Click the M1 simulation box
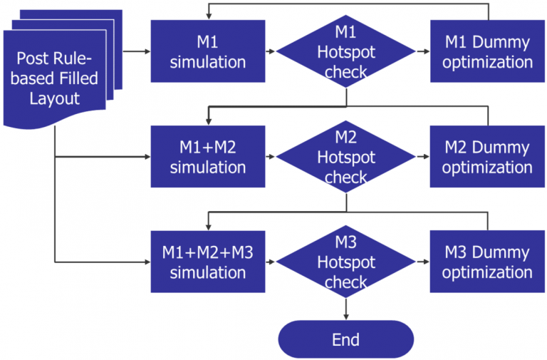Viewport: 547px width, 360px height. [x=208, y=51]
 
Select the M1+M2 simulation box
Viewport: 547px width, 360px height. [x=208, y=157]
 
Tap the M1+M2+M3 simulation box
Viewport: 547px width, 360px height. [x=208, y=262]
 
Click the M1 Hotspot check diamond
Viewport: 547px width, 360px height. [x=346, y=51]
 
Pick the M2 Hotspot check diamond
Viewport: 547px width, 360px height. [x=346, y=157]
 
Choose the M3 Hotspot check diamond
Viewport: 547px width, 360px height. [x=346, y=262]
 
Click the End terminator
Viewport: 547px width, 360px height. [x=346, y=339]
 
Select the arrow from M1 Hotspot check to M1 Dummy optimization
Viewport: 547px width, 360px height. [x=422, y=51]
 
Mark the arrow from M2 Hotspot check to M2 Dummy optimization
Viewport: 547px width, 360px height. [x=422, y=157]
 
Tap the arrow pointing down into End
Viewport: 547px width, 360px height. [x=346, y=308]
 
